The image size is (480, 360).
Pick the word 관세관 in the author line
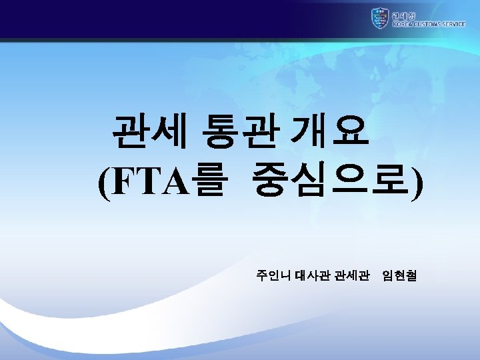pyautogui.click(x=351, y=275)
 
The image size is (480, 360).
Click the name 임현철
pyautogui.click(x=399, y=275)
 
